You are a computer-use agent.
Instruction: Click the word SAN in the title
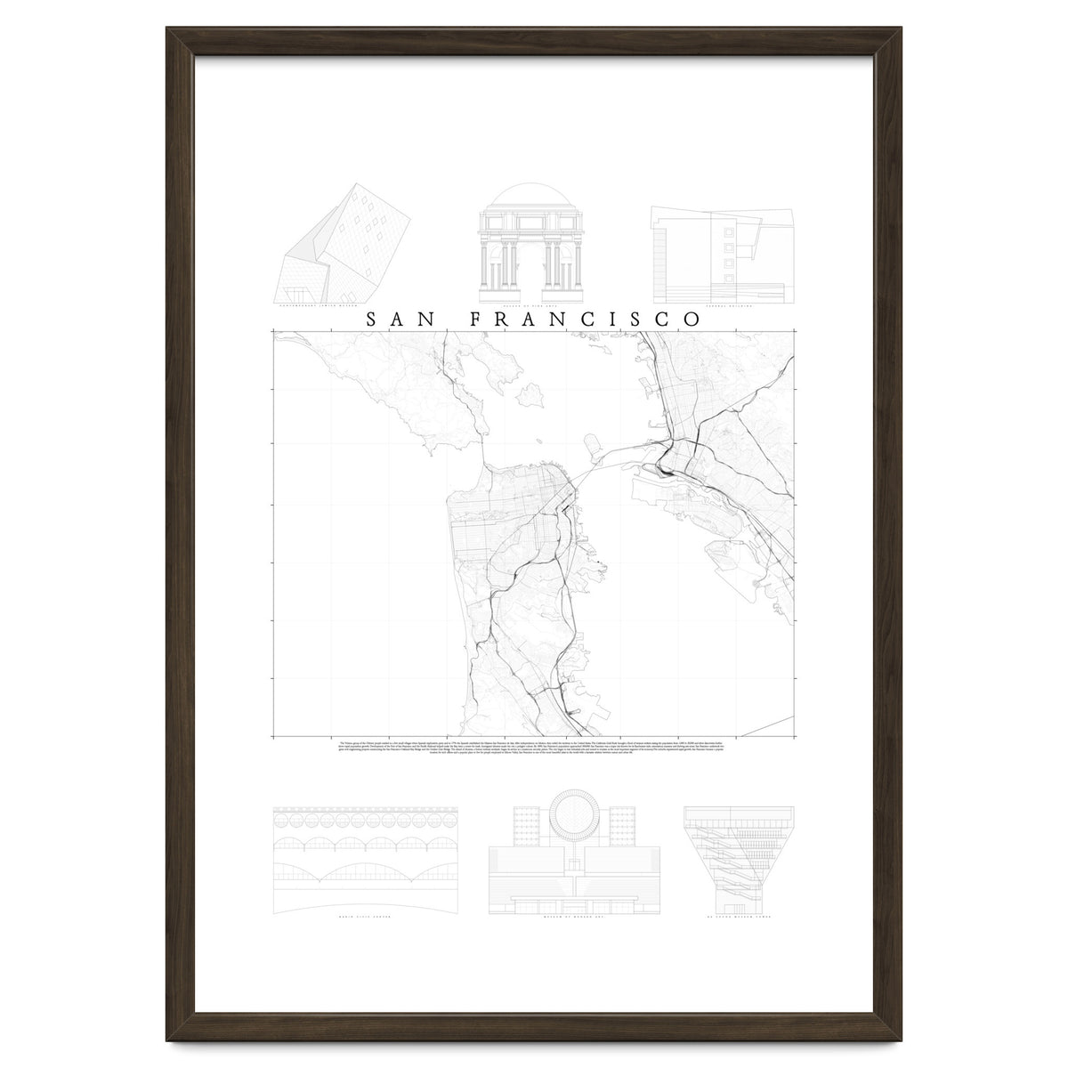pos(397,319)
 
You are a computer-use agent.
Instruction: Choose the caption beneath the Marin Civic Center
pos(365,915)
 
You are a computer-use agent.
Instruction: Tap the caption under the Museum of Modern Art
pos(576,915)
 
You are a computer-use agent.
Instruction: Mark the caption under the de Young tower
pos(737,915)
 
